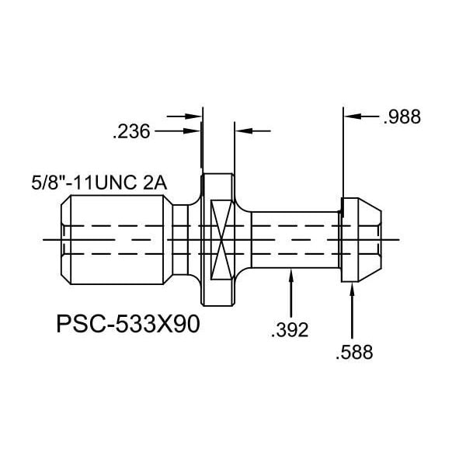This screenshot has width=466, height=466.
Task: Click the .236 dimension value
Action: coord(131,132)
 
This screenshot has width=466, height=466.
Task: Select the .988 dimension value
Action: coord(402,116)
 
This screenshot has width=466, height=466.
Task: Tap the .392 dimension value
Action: coord(290,330)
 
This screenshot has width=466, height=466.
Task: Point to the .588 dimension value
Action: coord(354,353)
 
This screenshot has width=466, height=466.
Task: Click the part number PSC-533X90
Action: coord(128,324)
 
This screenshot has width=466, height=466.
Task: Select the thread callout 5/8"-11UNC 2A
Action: coord(99,183)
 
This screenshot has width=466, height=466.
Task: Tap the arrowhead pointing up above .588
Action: coord(353,289)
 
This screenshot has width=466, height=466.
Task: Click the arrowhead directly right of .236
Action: coord(193,130)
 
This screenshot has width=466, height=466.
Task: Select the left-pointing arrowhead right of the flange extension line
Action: coord(244,130)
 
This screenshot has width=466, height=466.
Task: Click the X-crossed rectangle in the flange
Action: coord(221,239)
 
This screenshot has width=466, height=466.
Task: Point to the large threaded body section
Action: coord(117,239)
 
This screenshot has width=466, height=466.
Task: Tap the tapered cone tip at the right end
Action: coord(370,239)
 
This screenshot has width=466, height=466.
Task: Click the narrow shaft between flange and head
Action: coord(295,239)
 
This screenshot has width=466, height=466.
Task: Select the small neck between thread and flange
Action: coord(180,239)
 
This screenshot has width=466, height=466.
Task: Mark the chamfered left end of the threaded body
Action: coord(66,239)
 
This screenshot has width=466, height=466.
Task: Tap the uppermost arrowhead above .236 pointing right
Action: coord(193,116)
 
